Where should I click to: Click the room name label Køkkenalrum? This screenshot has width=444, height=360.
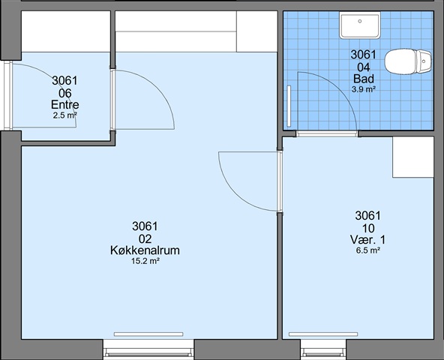tap(145, 250)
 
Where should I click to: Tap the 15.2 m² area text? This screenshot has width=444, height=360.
tap(145, 261)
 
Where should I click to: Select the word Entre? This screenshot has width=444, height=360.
tap(64, 105)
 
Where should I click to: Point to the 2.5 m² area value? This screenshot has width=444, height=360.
tap(64, 115)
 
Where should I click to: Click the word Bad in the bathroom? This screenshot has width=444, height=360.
tap(364, 79)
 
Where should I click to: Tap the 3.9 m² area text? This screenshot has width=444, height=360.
tap(364, 89)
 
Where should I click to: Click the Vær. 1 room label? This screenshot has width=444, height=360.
tap(367, 240)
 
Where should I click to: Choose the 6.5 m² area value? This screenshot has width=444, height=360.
tap(367, 250)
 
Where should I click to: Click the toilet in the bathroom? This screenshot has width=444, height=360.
tap(408, 61)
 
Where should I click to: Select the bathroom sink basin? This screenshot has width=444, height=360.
tap(360, 25)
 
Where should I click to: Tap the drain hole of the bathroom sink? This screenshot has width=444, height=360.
tap(360, 21)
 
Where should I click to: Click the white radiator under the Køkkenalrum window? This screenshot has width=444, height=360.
tap(148, 334)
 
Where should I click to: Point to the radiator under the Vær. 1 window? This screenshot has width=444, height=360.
tap(323, 334)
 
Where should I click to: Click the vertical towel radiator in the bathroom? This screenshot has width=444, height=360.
tap(289, 106)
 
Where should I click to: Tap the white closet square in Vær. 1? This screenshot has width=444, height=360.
tap(413, 157)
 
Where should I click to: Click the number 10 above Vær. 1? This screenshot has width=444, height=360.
tap(367, 228)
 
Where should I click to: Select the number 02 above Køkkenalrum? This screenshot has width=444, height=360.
tap(145, 239)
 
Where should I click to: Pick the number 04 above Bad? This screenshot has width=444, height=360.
tap(364, 67)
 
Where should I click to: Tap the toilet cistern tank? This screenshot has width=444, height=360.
tap(424, 61)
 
